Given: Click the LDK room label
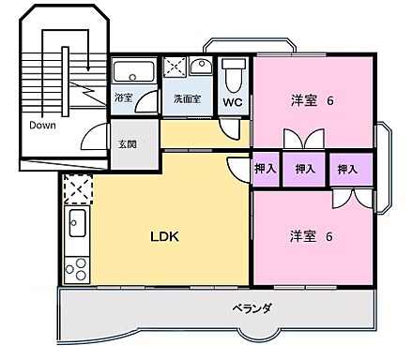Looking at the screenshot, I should pyautogui.click(x=164, y=236).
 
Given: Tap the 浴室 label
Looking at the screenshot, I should pyautogui.click(x=124, y=97).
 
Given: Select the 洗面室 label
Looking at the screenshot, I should pyautogui.click(x=186, y=97).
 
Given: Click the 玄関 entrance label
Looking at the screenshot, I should pyautogui.click(x=128, y=143).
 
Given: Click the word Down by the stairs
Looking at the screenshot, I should pyautogui.click(x=43, y=125).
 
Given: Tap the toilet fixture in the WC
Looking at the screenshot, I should pyautogui.click(x=234, y=72).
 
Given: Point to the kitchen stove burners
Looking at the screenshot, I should pyautogui.click(x=75, y=266).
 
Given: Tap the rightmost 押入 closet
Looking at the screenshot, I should pyautogui.click(x=347, y=169).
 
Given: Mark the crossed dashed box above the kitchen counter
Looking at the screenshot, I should pyautogui.click(x=76, y=190).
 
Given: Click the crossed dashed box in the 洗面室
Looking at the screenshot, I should pyautogui.click(x=174, y=68).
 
